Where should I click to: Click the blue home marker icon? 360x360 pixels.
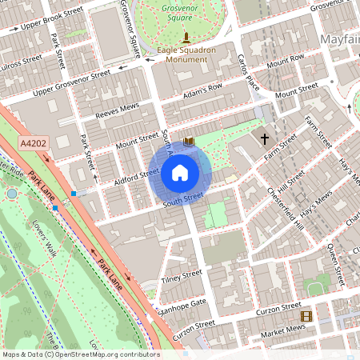click(180, 173)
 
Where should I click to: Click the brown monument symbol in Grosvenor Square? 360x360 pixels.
click(186, 38)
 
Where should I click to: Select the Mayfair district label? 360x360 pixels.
click(338, 39)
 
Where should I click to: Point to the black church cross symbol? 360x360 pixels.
click(265, 139)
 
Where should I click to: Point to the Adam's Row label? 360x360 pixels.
click(202, 90)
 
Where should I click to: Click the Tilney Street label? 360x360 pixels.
click(182, 276)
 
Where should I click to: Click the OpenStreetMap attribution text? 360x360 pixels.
click(80, 354)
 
